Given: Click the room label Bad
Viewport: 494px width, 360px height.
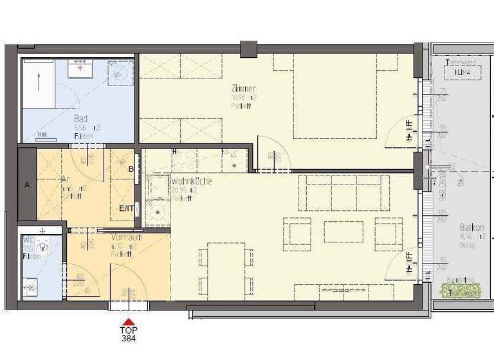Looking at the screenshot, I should click(80, 119).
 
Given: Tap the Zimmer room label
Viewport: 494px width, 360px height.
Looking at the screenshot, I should click(244, 89).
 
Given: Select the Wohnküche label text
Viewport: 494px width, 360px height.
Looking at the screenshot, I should click(192, 181).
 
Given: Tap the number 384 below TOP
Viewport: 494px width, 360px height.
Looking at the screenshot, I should click(129, 337).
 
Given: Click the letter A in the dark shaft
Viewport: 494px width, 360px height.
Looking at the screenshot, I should click(27, 184).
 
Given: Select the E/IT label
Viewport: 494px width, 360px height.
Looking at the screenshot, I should click(125, 208).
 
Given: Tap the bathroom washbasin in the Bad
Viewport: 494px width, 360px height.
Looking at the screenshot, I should click(81, 67).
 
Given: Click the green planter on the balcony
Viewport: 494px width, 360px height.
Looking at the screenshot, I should click(460, 290).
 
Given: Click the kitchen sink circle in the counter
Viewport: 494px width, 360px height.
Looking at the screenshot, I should click(157, 210).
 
